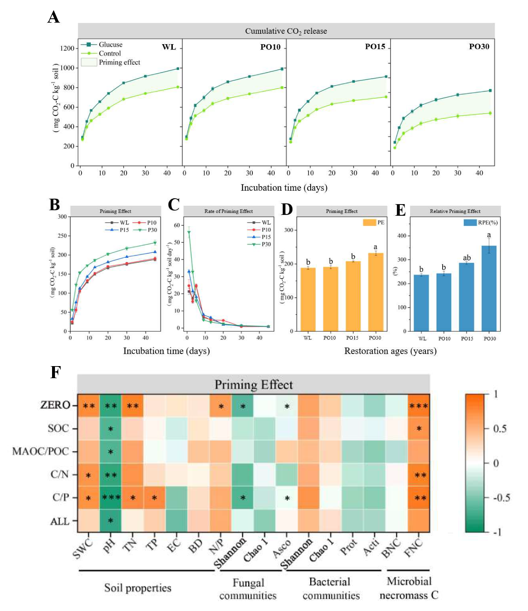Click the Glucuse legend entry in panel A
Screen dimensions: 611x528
[110, 45]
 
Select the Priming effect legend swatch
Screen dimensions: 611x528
[89, 62]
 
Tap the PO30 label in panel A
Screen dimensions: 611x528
[479, 47]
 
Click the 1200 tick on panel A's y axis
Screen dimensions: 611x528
[67, 48]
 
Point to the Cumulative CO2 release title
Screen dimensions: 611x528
[286, 31]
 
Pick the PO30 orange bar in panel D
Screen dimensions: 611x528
[376, 292]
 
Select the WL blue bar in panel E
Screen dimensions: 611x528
[421, 303]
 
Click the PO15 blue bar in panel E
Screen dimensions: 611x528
[466, 297]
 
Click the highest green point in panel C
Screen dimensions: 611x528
[189, 233]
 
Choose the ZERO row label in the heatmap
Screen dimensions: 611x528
[55, 405]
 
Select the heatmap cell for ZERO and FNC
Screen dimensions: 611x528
[418, 406]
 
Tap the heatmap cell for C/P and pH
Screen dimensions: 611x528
[110, 498]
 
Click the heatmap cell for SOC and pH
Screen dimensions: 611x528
[110, 429]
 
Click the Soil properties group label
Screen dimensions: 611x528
[137, 588]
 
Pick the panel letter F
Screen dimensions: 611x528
[55, 372]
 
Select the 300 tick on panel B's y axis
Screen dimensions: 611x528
[62, 217]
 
